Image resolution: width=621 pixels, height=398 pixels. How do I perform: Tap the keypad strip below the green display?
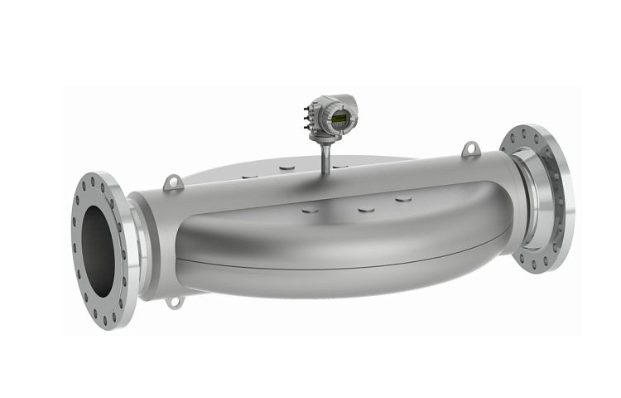coord(340,126)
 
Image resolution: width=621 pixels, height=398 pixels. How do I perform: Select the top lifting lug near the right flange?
coord(469,149)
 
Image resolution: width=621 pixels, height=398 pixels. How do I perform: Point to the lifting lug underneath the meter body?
coord(174,302)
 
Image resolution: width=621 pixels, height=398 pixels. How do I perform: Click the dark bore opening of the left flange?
coord(99,249)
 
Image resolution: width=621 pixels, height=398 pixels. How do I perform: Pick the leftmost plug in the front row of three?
coord(310,210)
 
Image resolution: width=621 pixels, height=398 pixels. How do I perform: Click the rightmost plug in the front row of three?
coord(403,199)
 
